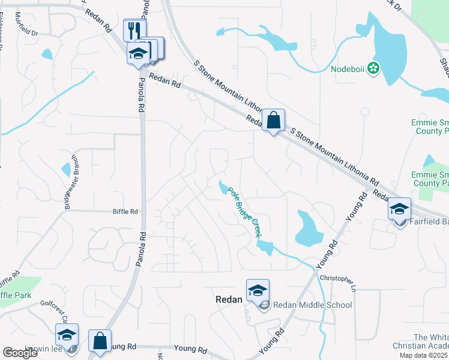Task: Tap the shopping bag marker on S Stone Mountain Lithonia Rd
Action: tap(273, 120)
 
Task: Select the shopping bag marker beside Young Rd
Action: tap(100, 341)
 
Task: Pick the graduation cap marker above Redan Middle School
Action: tap(258, 291)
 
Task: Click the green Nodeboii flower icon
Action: tap(373, 68)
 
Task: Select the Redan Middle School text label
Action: tap(312, 305)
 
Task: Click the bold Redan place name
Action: tap(229, 299)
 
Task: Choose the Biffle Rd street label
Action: tap(125, 211)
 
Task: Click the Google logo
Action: tap(20, 353)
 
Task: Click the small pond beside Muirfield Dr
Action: tap(47, 54)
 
